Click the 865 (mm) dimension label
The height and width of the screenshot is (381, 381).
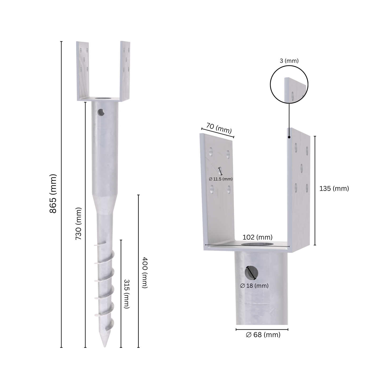click(x=53, y=194)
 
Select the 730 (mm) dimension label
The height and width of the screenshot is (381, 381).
click(x=79, y=224)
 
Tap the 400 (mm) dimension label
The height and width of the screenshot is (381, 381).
click(x=144, y=272)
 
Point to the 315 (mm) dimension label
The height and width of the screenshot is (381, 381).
click(x=127, y=294)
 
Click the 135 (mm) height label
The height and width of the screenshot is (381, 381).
click(x=334, y=189)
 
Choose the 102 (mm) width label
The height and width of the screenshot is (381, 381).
click(x=257, y=237)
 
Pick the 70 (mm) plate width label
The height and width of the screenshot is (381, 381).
click(x=219, y=128)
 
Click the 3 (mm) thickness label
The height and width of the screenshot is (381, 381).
click(x=289, y=61)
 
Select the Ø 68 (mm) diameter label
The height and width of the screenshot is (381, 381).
click(x=263, y=335)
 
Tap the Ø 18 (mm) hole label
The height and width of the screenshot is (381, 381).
click(x=254, y=286)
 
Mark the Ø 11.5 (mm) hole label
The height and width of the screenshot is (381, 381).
click(x=221, y=179)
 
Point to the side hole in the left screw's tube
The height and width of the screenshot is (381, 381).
click(x=101, y=113)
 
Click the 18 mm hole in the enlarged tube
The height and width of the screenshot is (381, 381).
click(x=251, y=273)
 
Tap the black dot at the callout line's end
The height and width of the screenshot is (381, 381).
click(x=289, y=137)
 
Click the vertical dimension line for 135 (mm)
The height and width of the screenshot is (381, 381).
click(x=315, y=190)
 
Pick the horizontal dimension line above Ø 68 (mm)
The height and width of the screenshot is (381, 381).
click(x=262, y=329)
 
